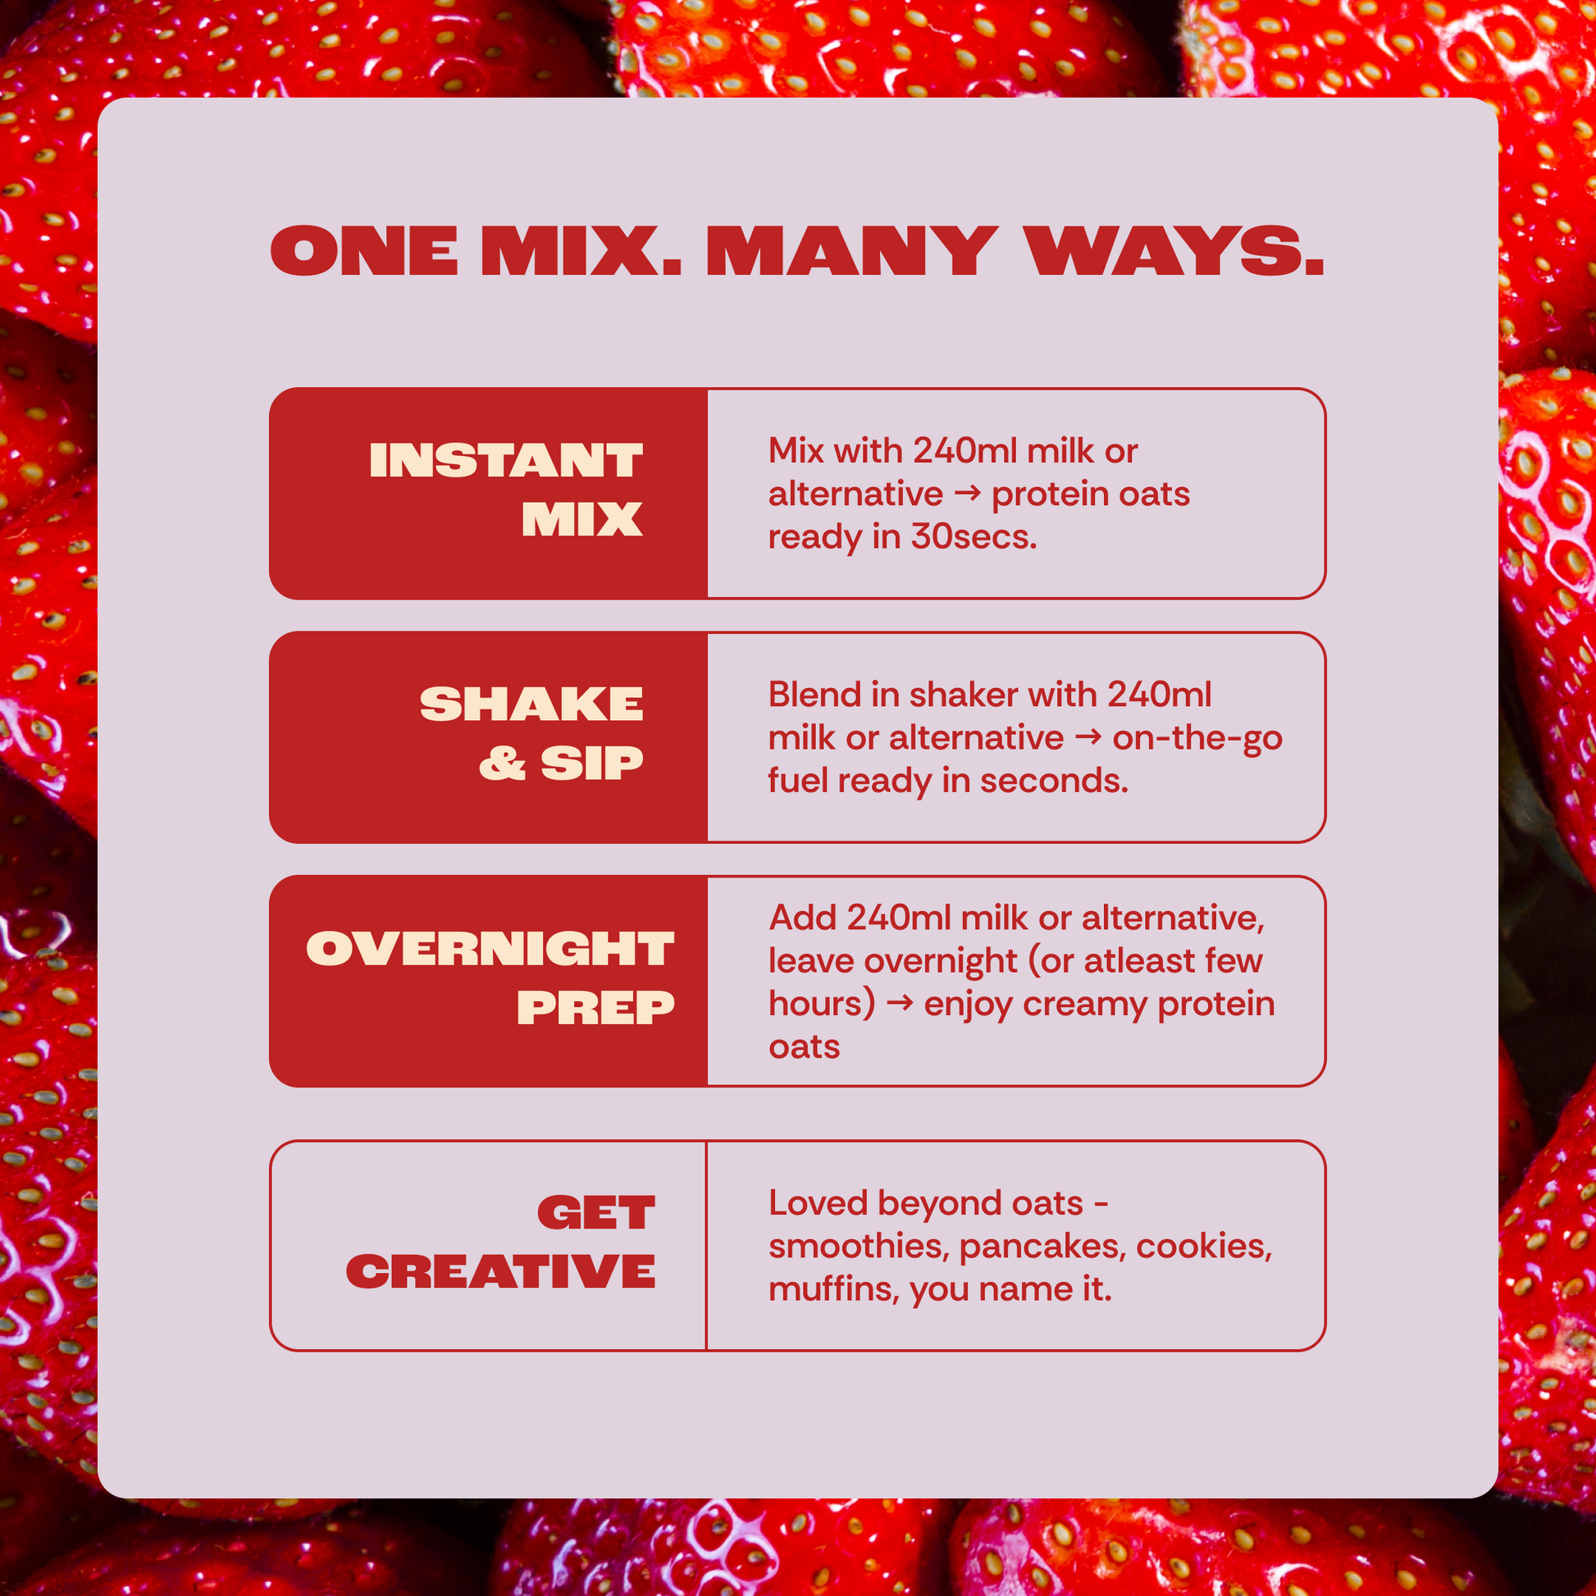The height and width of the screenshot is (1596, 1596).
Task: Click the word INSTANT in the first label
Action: tap(505, 460)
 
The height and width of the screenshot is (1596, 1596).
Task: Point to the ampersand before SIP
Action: tap(502, 763)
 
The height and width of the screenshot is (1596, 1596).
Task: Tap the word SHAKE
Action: tap(531, 704)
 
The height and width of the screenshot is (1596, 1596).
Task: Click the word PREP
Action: tap(595, 1007)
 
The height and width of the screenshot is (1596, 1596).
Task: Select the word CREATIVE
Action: tap(500, 1271)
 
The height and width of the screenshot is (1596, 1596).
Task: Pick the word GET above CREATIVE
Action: tap(595, 1213)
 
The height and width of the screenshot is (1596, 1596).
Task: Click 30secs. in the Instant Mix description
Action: tap(974, 537)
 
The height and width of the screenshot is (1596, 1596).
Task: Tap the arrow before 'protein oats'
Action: tap(967, 494)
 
